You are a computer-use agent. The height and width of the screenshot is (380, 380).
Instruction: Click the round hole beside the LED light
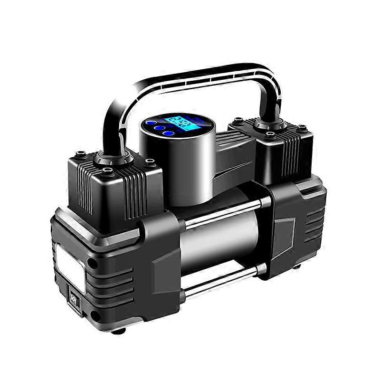tap(93, 262)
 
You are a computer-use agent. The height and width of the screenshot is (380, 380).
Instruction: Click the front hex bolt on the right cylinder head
tap(271, 135)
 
